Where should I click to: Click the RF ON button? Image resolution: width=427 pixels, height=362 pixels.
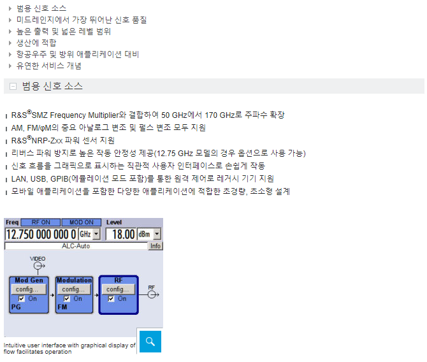coord(41,222)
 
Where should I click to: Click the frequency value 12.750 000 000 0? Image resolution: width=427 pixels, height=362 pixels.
coord(41,235)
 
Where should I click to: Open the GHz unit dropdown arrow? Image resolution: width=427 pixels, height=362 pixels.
coord(96,235)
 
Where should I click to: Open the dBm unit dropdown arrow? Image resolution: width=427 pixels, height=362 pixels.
coord(157,235)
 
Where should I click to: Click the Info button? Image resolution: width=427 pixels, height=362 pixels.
coord(156,246)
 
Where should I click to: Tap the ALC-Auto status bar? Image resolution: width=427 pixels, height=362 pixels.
coord(76,246)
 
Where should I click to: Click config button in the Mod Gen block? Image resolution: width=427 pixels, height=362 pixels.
coord(29,289)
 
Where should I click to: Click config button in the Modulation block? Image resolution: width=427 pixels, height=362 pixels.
coord(73,289)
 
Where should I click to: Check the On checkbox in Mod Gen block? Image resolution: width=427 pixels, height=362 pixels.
coord(21,299)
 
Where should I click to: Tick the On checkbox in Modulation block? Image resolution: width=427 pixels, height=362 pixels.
coord(66,299)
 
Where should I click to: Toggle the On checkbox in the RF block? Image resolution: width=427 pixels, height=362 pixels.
coord(111,299)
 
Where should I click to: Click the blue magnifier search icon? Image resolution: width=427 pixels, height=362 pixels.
coord(150,342)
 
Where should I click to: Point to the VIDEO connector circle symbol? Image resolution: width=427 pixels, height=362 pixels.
coord(38,266)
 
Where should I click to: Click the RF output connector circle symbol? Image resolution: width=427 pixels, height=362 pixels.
coord(152,294)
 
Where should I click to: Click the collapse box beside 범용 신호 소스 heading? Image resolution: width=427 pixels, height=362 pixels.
coord(13,86)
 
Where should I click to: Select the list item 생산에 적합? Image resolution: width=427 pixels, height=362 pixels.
coord(36,43)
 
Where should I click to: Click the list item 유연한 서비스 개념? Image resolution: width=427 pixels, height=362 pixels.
coord(49,66)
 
